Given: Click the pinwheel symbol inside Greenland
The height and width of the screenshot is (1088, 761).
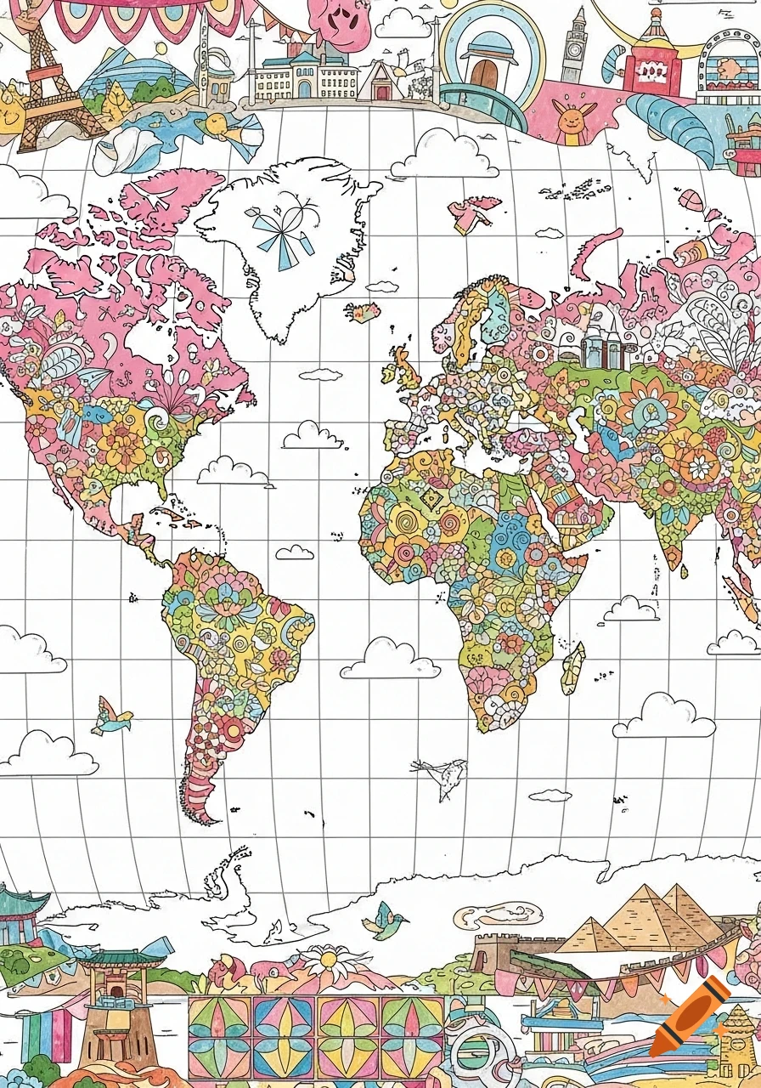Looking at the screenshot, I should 280,229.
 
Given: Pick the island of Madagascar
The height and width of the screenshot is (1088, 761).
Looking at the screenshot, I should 573,667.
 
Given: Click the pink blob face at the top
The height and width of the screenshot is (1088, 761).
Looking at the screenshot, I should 339,25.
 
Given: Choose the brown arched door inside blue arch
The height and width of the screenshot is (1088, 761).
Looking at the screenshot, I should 485,71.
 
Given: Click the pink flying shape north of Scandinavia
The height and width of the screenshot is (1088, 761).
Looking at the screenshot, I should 474,213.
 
